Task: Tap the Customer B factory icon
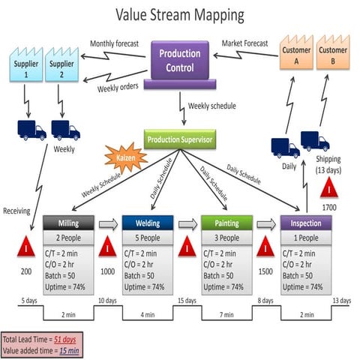[332, 55]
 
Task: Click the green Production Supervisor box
[179, 139]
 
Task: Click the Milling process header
[67, 223]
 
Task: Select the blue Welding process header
[147, 223]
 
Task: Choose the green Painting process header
[227, 223]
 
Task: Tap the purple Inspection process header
[306, 223]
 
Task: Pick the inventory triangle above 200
[27, 247]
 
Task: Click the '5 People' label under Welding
[147, 238]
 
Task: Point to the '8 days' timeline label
[265, 301]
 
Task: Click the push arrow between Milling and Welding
[108, 223]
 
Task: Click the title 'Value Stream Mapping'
[180, 14]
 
